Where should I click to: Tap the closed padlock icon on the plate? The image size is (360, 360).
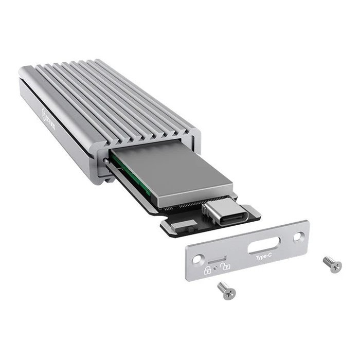pos(208,270)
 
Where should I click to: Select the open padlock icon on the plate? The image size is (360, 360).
pos(224,266)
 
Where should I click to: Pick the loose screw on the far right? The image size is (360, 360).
pos(332,264)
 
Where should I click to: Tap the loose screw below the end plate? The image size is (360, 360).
pos(227,291)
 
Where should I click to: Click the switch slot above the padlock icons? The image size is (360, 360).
pos(218,257)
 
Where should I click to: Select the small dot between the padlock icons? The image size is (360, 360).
pos(216,268)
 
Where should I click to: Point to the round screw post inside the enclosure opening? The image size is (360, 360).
pos(106,161)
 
